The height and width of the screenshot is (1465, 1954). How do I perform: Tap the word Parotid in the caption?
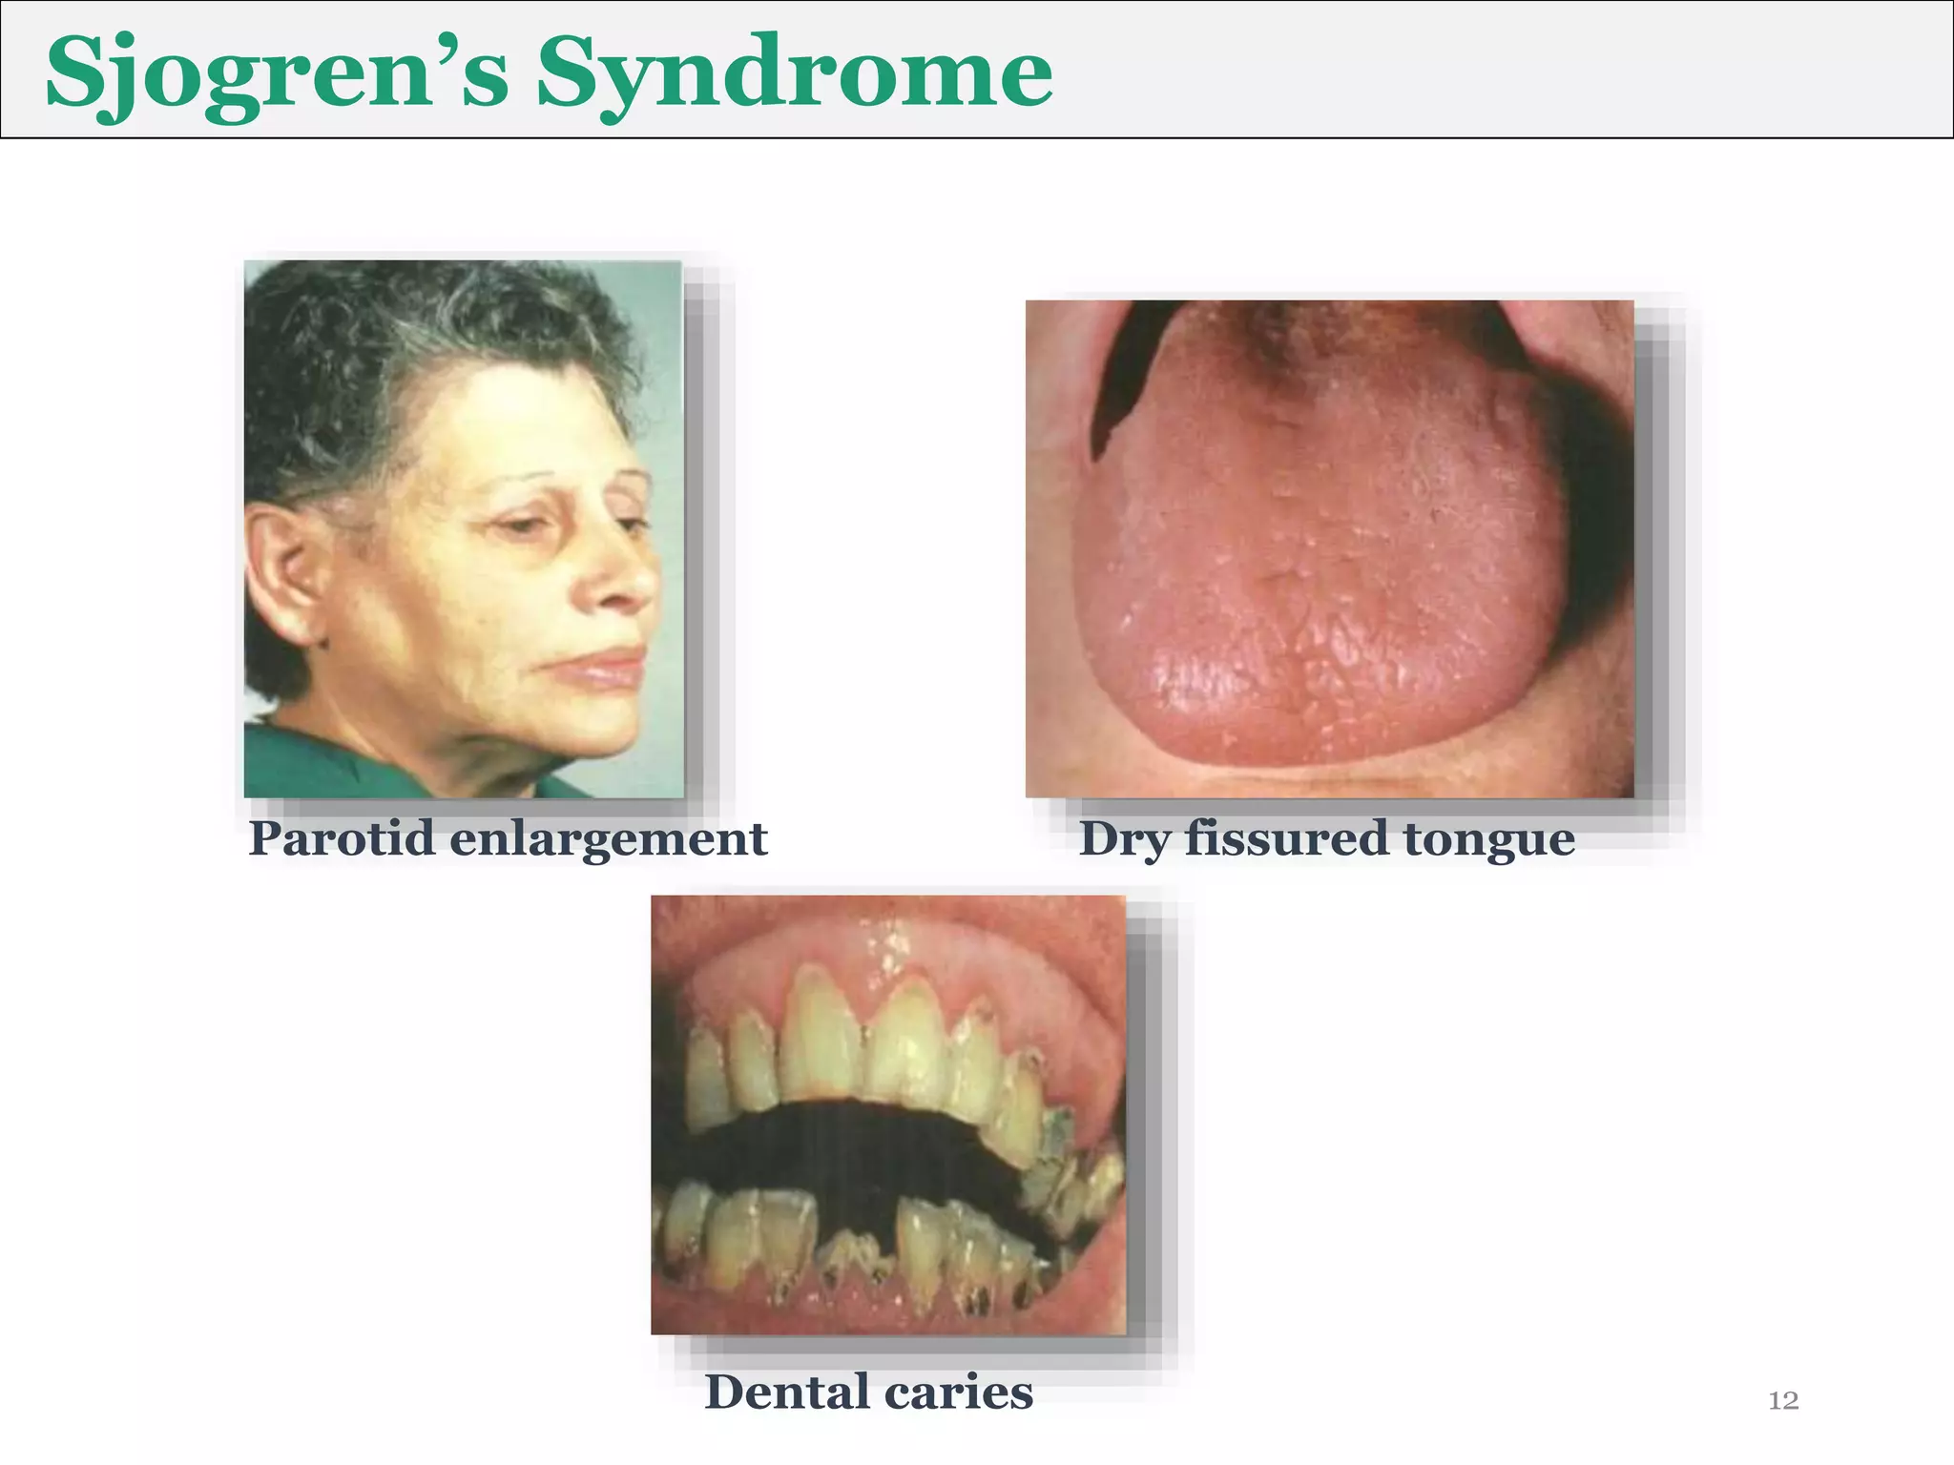coord(341,839)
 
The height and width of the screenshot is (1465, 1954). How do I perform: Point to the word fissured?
coord(1286,839)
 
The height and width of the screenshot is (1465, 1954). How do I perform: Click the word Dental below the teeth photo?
coord(785,1392)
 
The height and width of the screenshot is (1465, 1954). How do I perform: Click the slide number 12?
coord(1783,1400)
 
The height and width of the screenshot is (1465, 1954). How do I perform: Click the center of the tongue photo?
coord(1329,548)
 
